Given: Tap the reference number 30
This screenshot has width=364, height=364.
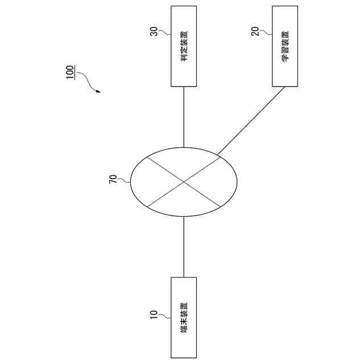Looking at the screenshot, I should click(x=154, y=32).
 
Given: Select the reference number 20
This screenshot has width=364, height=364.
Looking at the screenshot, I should click(x=255, y=32).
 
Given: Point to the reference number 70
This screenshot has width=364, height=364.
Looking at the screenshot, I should click(x=113, y=179).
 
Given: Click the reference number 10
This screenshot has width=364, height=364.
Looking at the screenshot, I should click(x=154, y=315).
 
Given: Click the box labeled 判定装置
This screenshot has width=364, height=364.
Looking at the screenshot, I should click(x=184, y=46).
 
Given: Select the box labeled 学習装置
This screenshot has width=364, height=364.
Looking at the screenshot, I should click(x=284, y=46).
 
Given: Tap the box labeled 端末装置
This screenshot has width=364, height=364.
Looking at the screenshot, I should click(x=184, y=317).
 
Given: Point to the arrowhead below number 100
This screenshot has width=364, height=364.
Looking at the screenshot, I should click(x=98, y=91).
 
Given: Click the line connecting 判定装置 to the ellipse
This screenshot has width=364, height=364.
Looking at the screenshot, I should click(x=184, y=117).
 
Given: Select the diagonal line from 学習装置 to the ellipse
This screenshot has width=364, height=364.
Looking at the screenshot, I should click(x=250, y=121).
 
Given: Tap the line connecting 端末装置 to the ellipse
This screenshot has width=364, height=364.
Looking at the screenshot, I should click(x=184, y=246).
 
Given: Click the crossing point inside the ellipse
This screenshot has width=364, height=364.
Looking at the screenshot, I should click(x=184, y=182).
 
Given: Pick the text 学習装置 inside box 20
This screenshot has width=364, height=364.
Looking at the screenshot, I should click(x=285, y=46).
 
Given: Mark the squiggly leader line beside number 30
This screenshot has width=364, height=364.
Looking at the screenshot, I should click(x=164, y=34).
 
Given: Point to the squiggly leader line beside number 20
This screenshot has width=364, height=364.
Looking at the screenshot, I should click(x=266, y=34).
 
